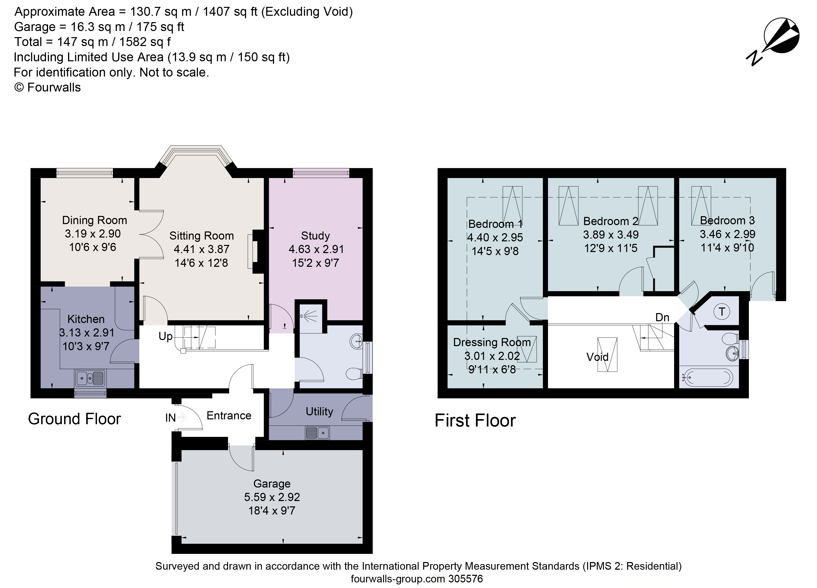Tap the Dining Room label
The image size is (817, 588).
point(94,220)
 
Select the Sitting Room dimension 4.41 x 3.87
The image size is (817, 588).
point(201,249)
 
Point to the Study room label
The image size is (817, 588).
point(315,236)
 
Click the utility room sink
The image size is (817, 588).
point(317,433)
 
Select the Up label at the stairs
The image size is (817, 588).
point(165,336)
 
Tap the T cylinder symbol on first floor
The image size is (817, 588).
point(722,312)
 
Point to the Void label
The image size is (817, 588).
point(597,357)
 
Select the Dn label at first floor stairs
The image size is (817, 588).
point(662,317)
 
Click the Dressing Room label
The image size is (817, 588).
point(492,342)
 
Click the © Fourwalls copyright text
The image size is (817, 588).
point(48,87)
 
